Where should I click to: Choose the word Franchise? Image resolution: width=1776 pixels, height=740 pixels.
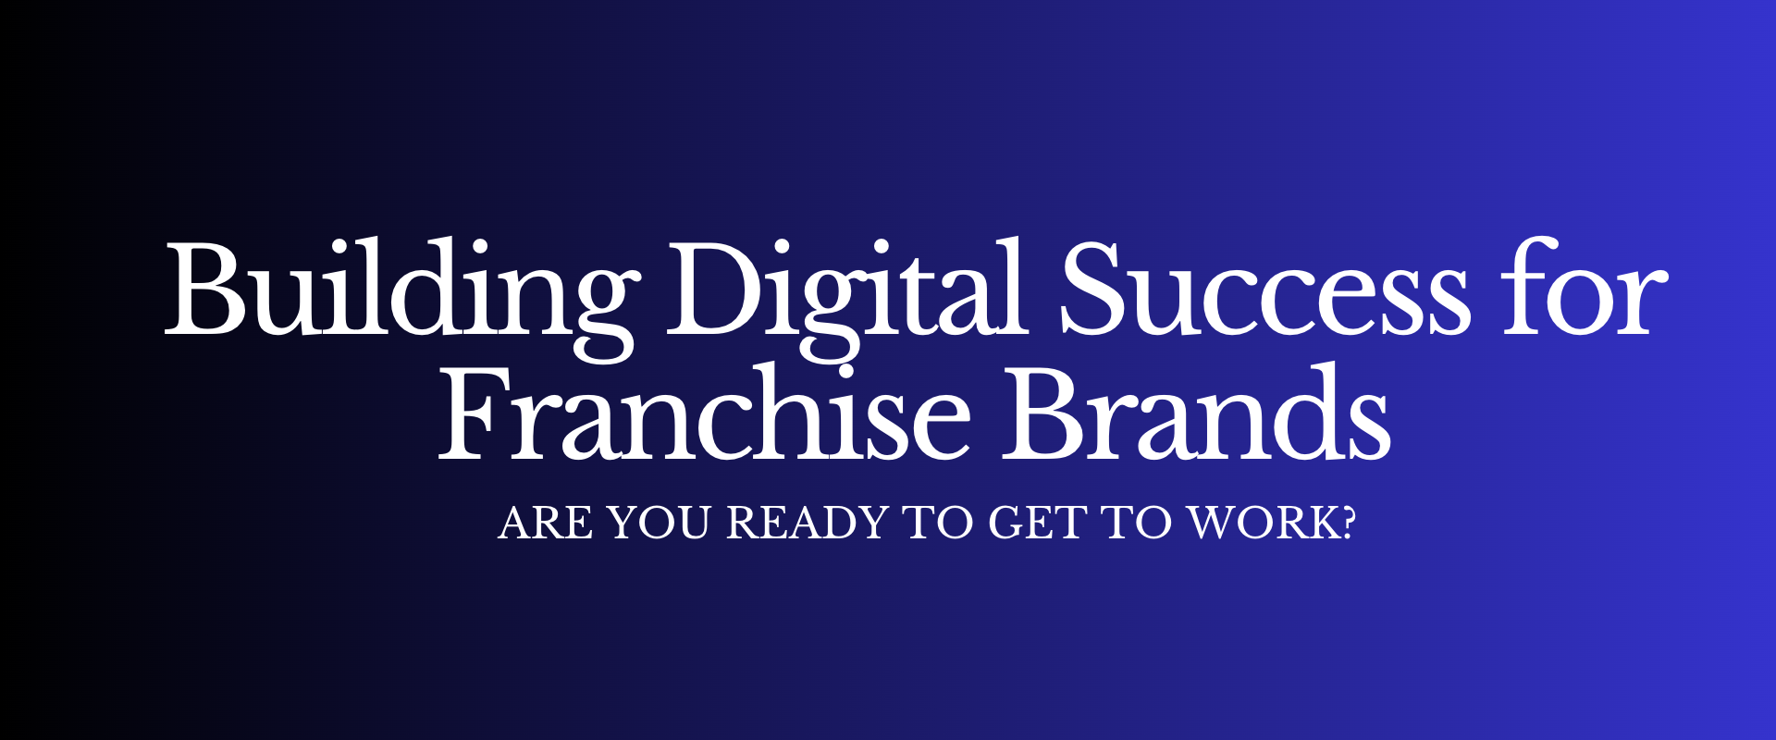click(x=704, y=411)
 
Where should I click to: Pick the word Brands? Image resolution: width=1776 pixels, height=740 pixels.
click(x=1197, y=411)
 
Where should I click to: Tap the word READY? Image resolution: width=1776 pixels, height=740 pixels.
click(x=808, y=524)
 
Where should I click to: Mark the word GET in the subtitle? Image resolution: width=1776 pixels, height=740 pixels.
click(x=1037, y=524)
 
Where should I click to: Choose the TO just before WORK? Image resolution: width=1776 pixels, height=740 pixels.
click(x=1137, y=524)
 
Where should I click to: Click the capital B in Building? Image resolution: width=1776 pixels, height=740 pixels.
click(x=205, y=289)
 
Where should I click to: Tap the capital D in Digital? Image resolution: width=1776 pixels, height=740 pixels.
click(x=717, y=289)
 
